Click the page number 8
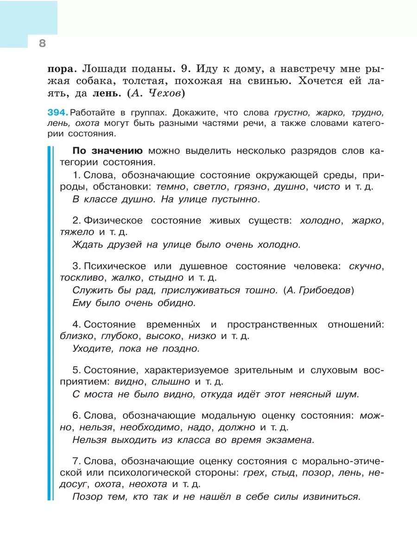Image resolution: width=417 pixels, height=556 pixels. [42, 44]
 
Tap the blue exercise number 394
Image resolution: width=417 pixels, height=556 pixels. [57, 113]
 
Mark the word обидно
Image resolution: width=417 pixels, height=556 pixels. [174, 303]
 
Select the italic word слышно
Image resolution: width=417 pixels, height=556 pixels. [172, 382]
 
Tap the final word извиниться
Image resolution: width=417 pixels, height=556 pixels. [331, 497]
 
